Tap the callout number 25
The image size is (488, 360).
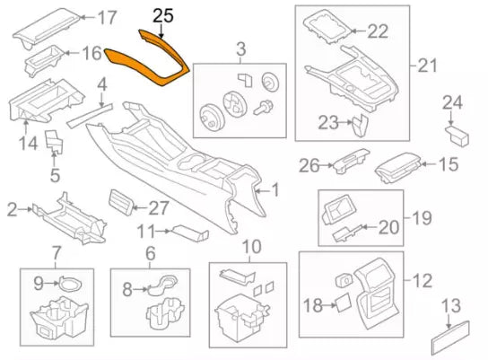click(163, 14)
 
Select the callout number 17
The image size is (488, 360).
click(107, 17)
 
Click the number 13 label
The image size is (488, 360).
click(455, 304)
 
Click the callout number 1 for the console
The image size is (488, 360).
click(275, 190)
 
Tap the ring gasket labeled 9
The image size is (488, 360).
click(66, 285)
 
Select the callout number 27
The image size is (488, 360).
click(158, 207)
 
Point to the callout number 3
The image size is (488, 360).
click(240, 47)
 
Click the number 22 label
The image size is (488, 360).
click(377, 31)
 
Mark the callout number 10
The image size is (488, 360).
click(250, 247)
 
